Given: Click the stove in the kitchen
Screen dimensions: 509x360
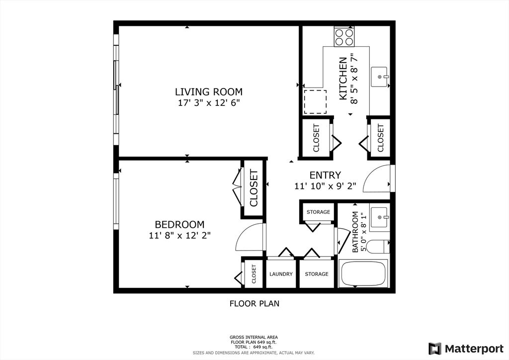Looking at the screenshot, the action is click(344, 37).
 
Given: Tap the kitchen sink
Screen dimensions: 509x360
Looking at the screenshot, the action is click(379, 77).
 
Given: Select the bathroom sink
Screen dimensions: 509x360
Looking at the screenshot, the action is click(379, 217).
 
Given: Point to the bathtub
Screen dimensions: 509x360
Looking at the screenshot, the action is click(363, 273).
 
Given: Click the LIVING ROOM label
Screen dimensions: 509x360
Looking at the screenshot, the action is click(209, 92).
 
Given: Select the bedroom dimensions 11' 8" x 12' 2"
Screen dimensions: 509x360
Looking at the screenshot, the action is click(180, 235).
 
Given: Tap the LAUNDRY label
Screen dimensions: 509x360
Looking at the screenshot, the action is click(281, 274).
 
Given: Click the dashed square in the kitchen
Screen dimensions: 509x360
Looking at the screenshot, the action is click(315, 102).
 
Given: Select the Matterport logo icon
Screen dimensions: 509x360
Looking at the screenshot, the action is click(435, 349).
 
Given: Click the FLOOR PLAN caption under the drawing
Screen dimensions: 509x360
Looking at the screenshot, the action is click(254, 303).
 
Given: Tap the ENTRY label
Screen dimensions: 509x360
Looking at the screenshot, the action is click(325, 176).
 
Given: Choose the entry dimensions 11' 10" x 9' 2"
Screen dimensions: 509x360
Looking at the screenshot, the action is click(325, 186).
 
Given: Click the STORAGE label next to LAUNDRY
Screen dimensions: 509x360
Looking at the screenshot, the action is click(317, 274).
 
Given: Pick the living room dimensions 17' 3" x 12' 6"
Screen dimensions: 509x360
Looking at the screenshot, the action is click(209, 103).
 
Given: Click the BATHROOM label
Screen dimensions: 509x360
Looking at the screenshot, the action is click(355, 232).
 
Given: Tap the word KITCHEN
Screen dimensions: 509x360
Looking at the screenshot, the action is click(343, 79).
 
